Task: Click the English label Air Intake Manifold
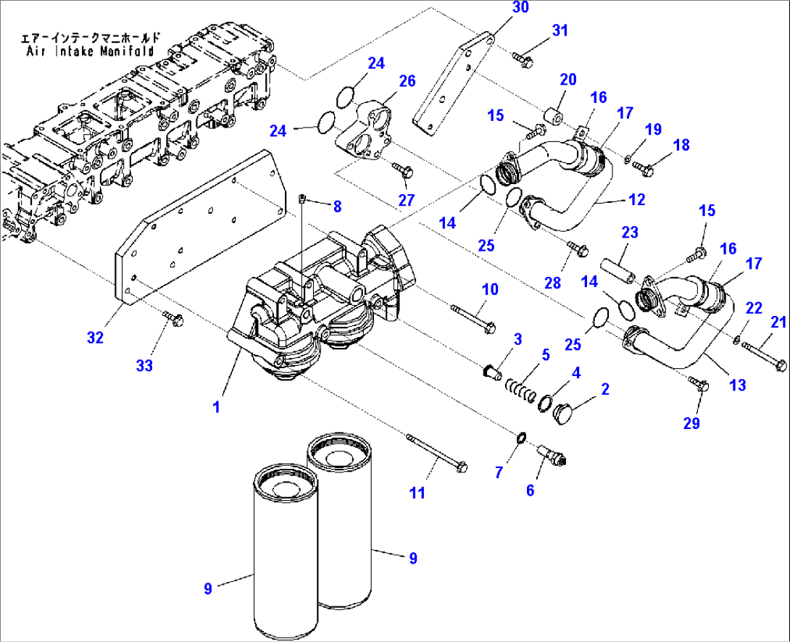[89, 51]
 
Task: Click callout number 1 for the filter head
[215, 408]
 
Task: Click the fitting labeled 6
[552, 456]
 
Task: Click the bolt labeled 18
[643, 167]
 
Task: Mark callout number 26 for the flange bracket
[407, 80]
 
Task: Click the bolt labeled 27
[402, 170]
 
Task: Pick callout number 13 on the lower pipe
[737, 385]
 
